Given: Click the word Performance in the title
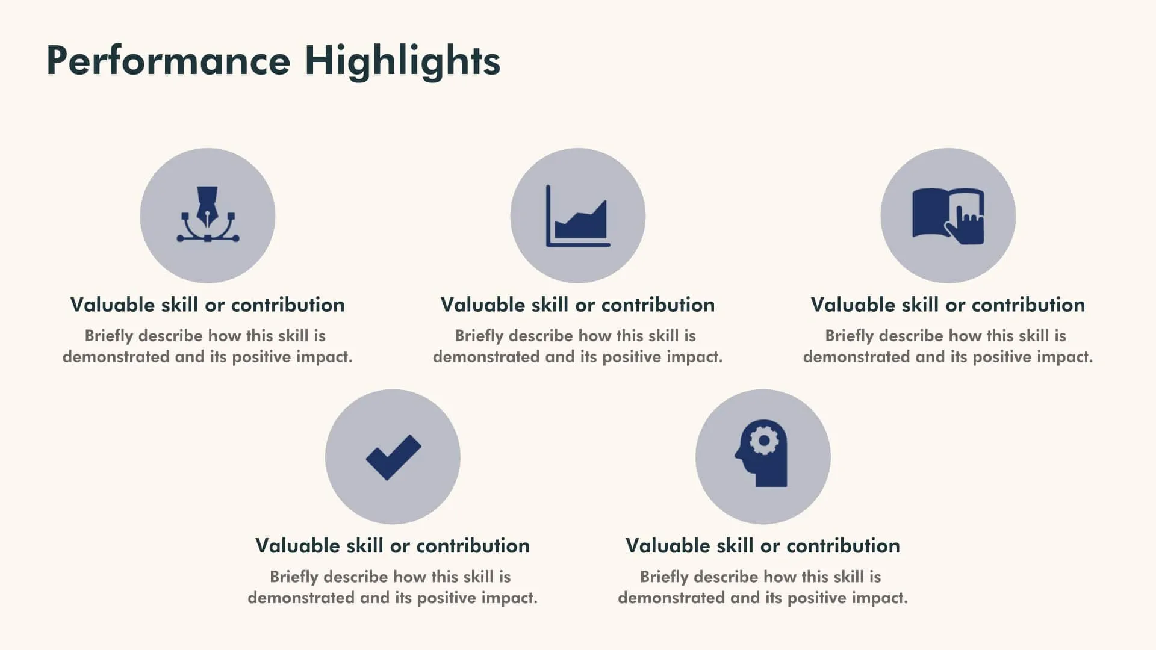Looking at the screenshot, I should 168,61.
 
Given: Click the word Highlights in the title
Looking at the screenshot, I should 402,61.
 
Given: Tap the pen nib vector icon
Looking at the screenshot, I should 208,215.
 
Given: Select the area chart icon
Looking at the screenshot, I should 578,216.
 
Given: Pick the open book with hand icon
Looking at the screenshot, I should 948,216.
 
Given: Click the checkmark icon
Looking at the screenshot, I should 393,457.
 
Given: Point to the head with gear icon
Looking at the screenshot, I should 762,453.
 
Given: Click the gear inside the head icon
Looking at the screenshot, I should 764,441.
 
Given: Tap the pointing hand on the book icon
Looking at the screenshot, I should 966,225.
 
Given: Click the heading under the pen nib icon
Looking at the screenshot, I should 208,305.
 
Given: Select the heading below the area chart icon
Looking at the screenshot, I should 578,305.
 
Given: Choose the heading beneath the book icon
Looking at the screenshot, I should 948,305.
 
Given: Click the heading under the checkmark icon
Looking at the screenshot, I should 393,545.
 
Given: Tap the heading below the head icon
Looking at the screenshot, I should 763,545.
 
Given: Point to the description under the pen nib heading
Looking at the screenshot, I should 208,346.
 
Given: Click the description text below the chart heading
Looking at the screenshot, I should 578,346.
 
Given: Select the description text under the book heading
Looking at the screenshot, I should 948,346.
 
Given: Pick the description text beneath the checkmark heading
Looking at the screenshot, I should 393,587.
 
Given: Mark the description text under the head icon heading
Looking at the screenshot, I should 763,587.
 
